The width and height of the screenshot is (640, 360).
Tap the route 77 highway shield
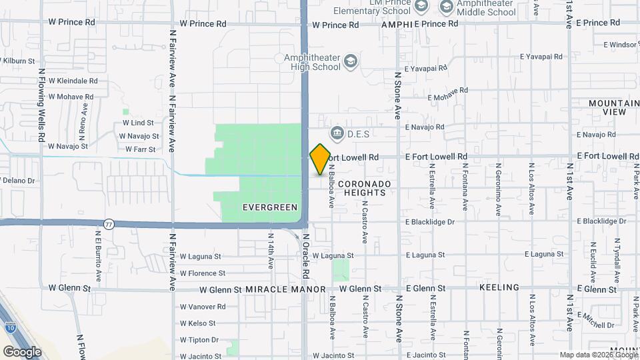(x=109, y=224)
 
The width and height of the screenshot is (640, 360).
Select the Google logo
(x=22, y=351)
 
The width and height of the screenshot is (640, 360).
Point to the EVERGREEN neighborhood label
(x=270, y=207)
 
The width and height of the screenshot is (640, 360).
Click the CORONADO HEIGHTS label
(x=364, y=187)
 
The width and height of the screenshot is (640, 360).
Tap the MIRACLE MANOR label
(x=285, y=289)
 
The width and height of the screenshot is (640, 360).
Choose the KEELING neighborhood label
(x=499, y=287)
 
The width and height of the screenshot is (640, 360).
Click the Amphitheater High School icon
(x=351, y=63)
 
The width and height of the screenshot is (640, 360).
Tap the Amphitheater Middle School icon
(x=446, y=7)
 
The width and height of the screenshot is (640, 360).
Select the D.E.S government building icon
(x=337, y=134)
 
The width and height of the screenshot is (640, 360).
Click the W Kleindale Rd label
(x=73, y=81)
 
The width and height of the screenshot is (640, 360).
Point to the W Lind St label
(x=138, y=123)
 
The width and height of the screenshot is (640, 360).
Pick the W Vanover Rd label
(x=203, y=307)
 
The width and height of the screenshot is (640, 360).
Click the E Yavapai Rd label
(x=425, y=68)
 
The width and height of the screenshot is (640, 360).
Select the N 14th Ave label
(x=271, y=250)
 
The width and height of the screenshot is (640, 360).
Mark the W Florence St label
(x=203, y=273)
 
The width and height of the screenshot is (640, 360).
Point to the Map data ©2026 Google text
(x=598, y=355)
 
